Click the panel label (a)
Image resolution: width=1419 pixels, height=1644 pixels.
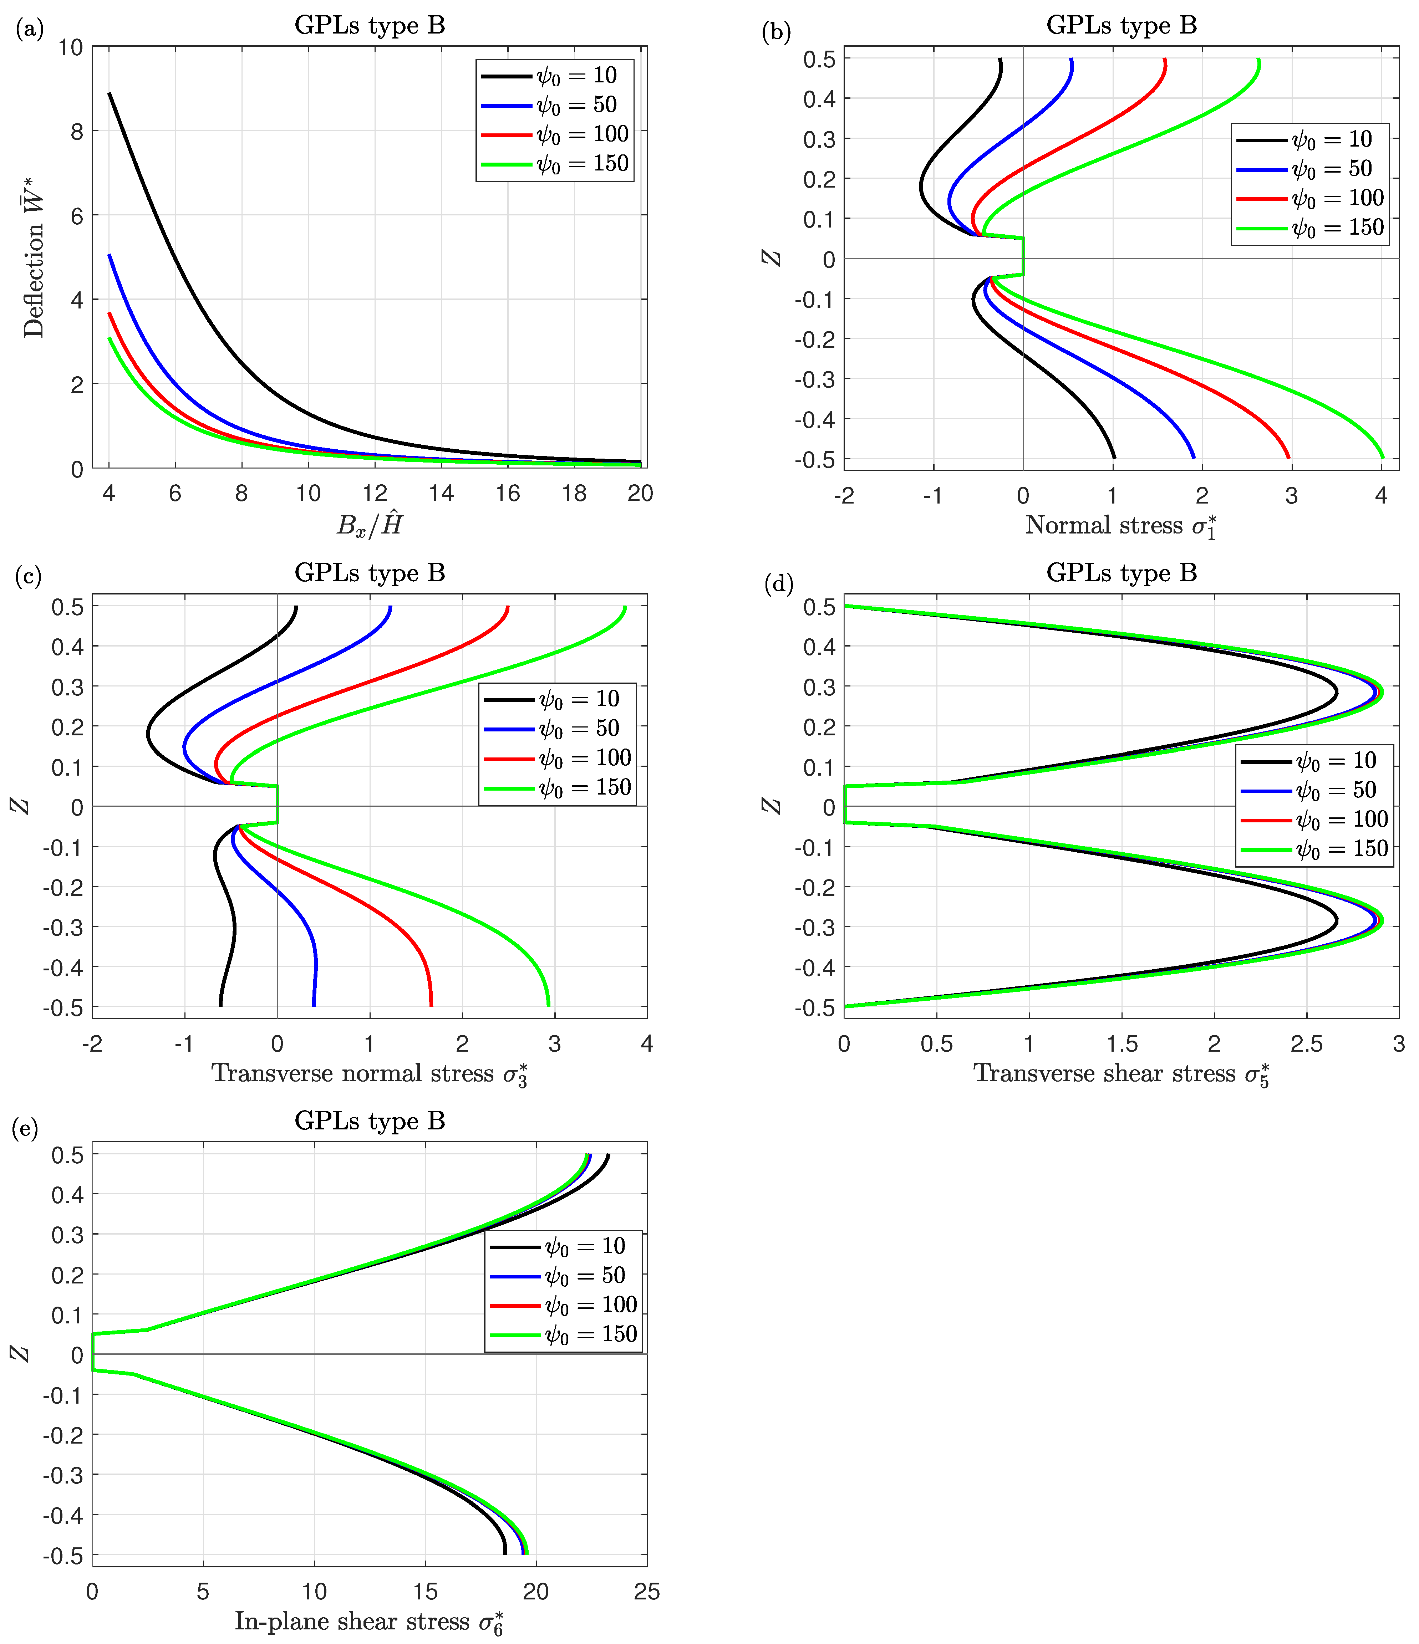[29, 29]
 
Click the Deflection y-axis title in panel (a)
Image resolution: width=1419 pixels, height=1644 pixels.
[33, 258]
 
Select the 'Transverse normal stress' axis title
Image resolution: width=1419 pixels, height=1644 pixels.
[369, 1074]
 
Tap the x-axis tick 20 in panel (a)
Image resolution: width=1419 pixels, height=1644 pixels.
[640, 494]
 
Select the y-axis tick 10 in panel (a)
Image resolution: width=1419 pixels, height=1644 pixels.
[71, 47]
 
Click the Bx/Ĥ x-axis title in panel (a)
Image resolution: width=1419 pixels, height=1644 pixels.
[370, 525]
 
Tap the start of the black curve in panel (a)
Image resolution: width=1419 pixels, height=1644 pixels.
[110, 94]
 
